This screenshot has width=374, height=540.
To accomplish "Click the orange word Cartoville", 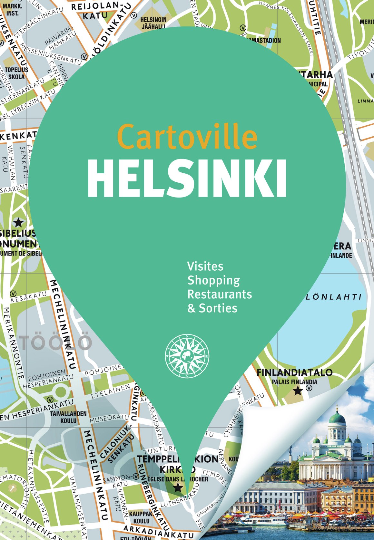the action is coord(187,137).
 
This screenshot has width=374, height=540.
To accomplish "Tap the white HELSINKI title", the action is coord(187,178).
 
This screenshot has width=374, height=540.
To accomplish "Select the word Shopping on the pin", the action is coord(214,281).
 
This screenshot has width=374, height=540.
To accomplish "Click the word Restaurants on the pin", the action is coord(220,294).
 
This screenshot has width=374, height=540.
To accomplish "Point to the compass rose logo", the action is coord(187,356).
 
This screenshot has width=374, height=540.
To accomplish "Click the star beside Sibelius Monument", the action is coord(18,222).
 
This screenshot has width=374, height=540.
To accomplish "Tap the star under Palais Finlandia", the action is coord(298,391).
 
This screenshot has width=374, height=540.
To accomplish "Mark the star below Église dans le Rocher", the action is coord(178,487).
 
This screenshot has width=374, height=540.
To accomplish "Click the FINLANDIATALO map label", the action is coord(294,372).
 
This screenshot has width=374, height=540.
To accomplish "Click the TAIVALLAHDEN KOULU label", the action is coord(68,417).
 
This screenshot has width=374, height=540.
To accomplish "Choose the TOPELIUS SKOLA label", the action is coord(16,73).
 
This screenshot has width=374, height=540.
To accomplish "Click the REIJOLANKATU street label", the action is coord(95,11).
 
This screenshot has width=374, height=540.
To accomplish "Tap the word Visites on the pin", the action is coord(205,266).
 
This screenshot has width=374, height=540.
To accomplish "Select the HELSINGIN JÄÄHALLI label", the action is coord(153,23).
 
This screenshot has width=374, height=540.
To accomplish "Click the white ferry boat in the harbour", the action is coord(261,519).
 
